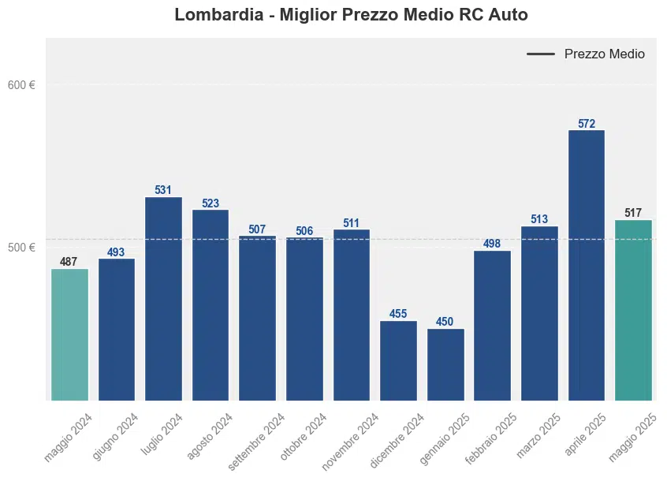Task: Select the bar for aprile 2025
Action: pyautogui.click(x=586, y=265)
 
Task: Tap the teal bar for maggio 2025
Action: pyautogui.click(x=633, y=310)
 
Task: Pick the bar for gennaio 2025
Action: pyautogui.click(x=445, y=364)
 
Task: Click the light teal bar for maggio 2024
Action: pyautogui.click(x=69, y=334)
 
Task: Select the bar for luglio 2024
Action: pyautogui.click(x=163, y=298)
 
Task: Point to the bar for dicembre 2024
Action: pyautogui.click(x=398, y=360)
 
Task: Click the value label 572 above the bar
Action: pyautogui.click(x=586, y=124)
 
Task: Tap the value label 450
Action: pyautogui.click(x=445, y=322)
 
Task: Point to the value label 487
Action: pyautogui.click(x=69, y=262)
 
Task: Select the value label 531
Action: pyautogui.click(x=163, y=190)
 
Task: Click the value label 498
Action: pyautogui.click(x=492, y=244)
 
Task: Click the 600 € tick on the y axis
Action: pyautogui.click(x=21, y=85)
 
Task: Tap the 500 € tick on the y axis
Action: pyautogui.click(x=21, y=248)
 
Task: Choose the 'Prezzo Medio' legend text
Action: pyautogui.click(x=604, y=54)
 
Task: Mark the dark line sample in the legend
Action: pyautogui.click(x=541, y=54)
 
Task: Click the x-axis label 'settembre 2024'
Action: pyautogui.click(x=257, y=441)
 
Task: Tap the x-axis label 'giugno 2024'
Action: pyautogui.click(x=116, y=436)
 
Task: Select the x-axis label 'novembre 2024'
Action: pyautogui.click(x=351, y=441)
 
